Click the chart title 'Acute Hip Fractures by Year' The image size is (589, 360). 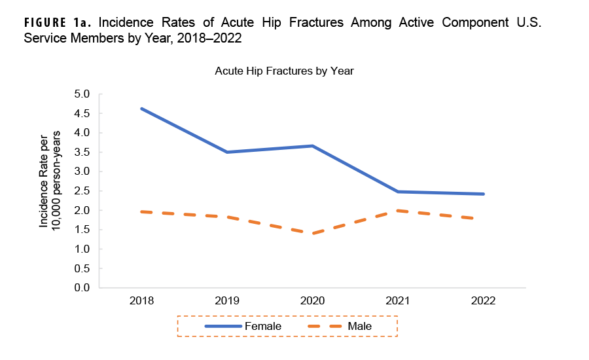click(284, 71)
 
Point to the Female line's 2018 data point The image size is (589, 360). click(141, 109)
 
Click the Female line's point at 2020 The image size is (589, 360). click(313, 146)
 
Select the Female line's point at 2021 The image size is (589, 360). click(398, 192)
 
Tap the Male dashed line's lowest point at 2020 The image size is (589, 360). click(313, 234)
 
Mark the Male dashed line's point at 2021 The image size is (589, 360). click(398, 211)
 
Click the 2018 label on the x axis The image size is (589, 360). click(141, 301)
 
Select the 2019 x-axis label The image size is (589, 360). click(227, 301)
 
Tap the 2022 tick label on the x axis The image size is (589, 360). click(483, 301)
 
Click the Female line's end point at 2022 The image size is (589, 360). click(483, 194)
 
